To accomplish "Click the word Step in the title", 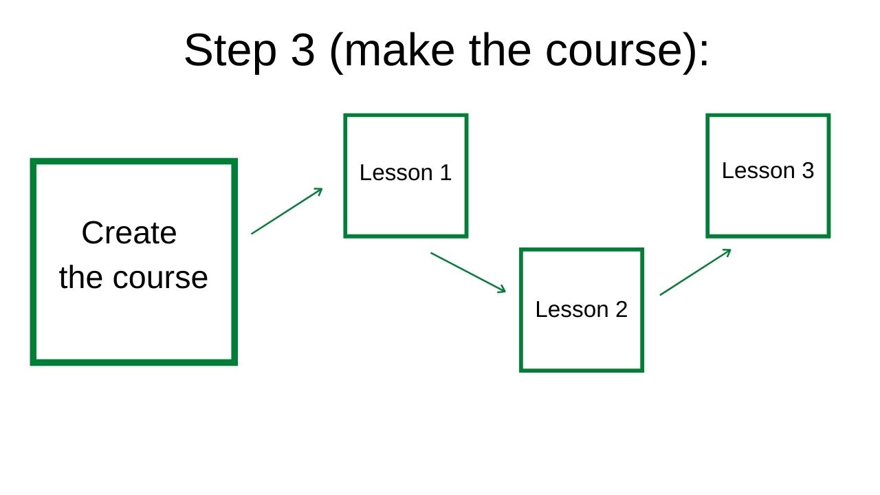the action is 230,52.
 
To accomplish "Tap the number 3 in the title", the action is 303,50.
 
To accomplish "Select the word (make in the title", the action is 392,52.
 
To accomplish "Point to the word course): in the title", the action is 627,52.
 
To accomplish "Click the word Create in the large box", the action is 129,233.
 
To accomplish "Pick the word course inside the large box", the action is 160,278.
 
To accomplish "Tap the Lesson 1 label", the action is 406,173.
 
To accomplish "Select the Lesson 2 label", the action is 582,309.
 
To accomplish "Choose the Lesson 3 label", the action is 768,170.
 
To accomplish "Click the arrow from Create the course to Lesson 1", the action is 287,211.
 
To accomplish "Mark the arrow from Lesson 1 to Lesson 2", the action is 468,272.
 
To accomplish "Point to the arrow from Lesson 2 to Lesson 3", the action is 695,272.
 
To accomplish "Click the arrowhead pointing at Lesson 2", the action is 502,289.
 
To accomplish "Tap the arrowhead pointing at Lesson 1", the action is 318,191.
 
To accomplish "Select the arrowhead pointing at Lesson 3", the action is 727,252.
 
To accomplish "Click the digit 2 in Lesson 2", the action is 621,309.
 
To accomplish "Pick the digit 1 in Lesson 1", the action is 446,173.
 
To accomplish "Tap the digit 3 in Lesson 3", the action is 808,170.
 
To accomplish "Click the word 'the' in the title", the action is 500,50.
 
